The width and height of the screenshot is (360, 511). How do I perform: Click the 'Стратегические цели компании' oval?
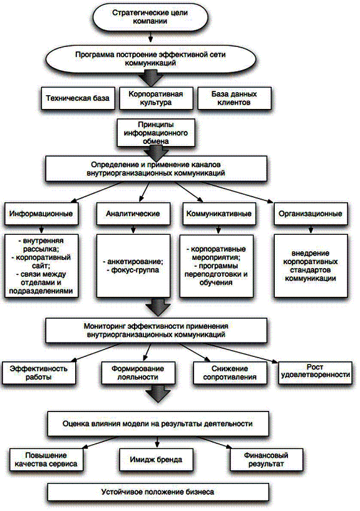[150, 17]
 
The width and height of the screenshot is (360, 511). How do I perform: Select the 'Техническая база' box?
[78, 98]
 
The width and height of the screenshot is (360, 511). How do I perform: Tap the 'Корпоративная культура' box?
[156, 98]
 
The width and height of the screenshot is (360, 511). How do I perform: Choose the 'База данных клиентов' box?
[234, 98]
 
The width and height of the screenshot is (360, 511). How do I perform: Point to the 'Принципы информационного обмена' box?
[156, 133]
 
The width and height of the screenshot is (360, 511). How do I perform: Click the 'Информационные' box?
[41, 214]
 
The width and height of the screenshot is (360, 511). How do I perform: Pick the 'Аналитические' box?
[133, 214]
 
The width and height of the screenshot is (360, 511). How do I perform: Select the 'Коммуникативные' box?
[219, 214]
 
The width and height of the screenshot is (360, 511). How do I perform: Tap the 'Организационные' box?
[311, 214]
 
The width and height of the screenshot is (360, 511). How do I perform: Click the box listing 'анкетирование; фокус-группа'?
[133, 266]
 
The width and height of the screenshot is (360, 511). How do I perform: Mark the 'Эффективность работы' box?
[39, 373]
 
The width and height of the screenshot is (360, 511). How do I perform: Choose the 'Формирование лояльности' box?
[138, 373]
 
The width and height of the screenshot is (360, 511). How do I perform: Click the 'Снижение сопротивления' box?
[230, 373]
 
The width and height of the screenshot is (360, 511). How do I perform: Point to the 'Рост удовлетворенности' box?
[315, 371]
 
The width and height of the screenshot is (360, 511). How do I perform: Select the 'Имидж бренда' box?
[156, 460]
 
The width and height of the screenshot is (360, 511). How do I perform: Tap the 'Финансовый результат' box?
[266, 460]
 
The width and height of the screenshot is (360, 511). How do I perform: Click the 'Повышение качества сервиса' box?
[46, 460]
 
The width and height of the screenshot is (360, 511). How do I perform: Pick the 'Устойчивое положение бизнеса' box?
[158, 492]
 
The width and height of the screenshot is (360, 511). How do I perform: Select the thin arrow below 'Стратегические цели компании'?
[150, 37]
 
